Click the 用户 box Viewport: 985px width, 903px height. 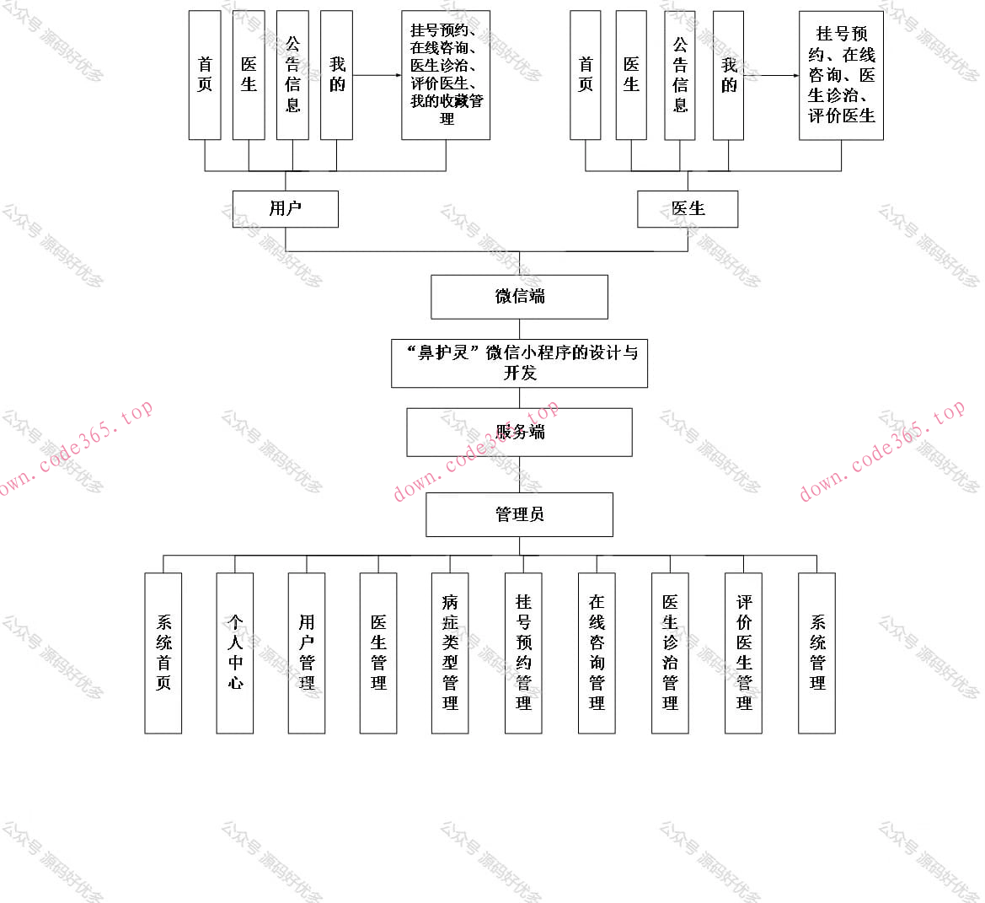coord(285,209)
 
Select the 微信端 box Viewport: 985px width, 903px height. coord(519,297)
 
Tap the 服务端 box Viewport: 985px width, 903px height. coord(519,433)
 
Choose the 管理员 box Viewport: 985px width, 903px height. coord(519,514)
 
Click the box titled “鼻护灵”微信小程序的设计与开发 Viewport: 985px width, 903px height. coord(519,363)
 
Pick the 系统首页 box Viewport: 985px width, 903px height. coord(163,653)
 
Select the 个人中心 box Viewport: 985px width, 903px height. coord(235,653)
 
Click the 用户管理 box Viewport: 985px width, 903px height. coord(307,653)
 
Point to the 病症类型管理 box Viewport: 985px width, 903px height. coord(450,653)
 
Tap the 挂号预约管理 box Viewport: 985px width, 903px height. coord(523,653)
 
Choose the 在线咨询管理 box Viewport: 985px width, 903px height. coord(597,653)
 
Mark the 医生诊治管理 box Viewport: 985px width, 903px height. coord(670,653)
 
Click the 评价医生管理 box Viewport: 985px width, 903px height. coord(743,653)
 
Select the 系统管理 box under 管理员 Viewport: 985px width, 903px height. coord(816,653)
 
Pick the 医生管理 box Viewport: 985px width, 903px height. coord(378,653)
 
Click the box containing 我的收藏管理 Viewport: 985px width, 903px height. coord(446,75)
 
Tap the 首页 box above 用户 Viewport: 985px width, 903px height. coord(205,75)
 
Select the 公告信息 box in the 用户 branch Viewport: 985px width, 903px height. coord(292,75)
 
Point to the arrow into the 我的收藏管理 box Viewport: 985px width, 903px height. coord(377,75)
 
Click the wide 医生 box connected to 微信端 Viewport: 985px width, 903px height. coord(688,209)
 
